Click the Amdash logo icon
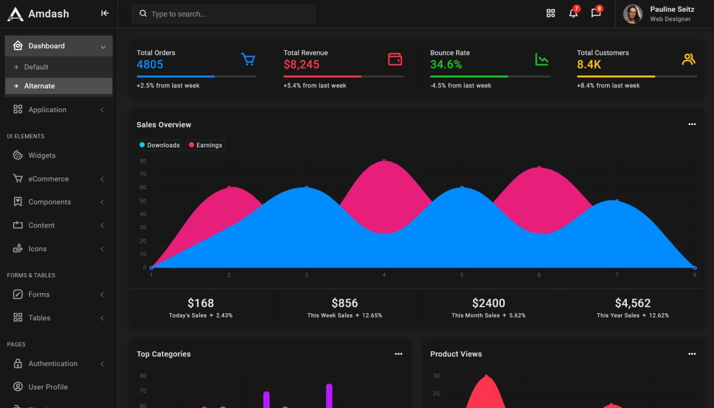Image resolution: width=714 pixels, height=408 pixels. [15, 14]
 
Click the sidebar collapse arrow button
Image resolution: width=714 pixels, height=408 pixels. [105, 14]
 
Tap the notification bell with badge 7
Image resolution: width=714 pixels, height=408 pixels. [573, 14]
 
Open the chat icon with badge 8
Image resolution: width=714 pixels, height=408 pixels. [596, 14]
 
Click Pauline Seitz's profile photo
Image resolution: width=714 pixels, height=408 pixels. [632, 14]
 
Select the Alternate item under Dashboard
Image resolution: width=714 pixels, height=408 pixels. [39, 86]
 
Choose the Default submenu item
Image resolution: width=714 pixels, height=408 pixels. [36, 67]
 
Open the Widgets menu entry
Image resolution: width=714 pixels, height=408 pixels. [42, 156]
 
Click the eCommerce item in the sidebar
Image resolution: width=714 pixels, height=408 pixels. [48, 179]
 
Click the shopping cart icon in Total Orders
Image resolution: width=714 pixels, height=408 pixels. [248, 59]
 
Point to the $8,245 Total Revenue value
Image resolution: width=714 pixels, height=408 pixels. [301, 64]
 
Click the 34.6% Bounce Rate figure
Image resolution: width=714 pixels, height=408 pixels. [446, 64]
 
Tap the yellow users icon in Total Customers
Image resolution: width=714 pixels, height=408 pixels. [688, 59]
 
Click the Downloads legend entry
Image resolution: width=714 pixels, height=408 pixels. [160, 145]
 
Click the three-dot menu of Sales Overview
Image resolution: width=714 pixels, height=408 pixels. [692, 125]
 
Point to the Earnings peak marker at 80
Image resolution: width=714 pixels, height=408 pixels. [384, 161]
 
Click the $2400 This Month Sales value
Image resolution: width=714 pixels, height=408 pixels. [488, 303]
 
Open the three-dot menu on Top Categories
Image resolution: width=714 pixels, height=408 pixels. [399, 354]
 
